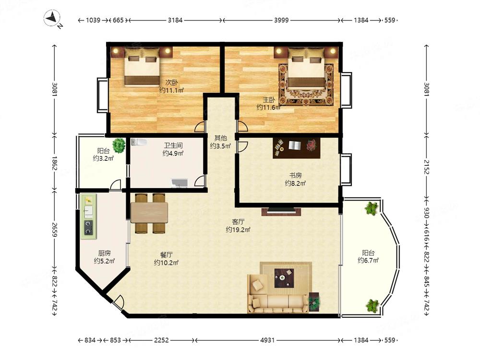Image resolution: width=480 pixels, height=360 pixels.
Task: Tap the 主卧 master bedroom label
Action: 269,99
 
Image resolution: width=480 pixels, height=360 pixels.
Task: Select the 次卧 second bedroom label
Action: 172,83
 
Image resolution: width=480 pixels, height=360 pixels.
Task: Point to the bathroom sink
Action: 180,183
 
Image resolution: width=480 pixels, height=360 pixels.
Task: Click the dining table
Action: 149,212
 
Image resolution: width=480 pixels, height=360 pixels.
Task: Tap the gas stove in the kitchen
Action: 89,228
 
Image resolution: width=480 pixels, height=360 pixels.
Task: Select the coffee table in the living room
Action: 284,278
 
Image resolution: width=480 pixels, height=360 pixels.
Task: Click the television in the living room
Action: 281,211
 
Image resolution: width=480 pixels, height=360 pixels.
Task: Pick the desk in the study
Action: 296,148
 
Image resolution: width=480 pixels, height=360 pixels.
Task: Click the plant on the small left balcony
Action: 119,145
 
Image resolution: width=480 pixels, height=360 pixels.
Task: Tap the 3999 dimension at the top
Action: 281,20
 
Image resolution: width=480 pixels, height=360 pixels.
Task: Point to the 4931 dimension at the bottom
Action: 267,340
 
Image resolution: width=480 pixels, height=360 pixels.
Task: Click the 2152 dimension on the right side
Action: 426,167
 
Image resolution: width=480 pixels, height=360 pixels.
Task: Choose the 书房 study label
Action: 296,175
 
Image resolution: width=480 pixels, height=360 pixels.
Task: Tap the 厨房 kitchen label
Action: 104,253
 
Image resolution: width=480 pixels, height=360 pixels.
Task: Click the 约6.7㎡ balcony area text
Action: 368,261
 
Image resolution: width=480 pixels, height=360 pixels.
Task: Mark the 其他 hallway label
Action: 220,138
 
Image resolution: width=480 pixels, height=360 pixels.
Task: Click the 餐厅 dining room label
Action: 166,255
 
